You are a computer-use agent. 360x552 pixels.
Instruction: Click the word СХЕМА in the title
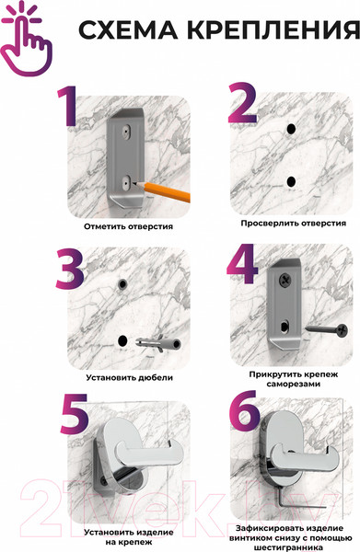[128, 30]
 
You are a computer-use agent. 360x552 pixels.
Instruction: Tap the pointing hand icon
[26, 41]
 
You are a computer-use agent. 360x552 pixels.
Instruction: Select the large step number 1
[67, 106]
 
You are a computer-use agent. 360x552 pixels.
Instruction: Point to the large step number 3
[70, 269]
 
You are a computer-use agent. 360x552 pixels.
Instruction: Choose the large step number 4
[242, 264]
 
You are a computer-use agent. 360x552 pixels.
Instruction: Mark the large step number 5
[74, 414]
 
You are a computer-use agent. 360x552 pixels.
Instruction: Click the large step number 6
[245, 410]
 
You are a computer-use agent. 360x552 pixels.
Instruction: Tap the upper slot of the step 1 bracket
[126, 131]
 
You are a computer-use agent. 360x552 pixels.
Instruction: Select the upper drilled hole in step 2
[291, 129]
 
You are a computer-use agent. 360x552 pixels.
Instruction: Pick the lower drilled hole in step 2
[291, 181]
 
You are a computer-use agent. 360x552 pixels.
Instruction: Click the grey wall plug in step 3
[158, 343]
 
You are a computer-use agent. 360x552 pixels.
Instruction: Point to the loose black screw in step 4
[327, 330]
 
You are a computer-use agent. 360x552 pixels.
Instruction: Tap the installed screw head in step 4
[285, 281]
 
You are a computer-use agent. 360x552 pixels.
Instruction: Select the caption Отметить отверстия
[129, 226]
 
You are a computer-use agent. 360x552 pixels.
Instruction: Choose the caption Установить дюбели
[130, 377]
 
